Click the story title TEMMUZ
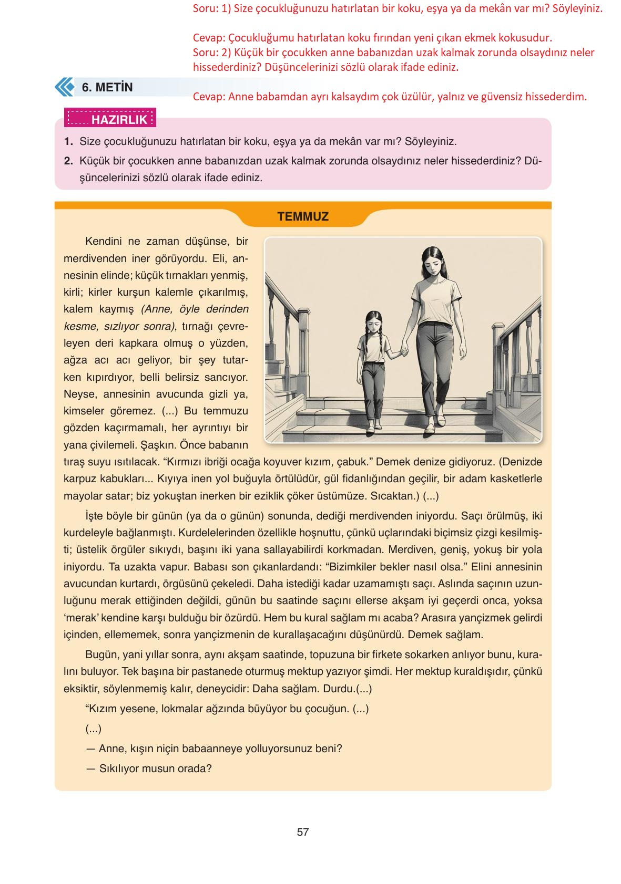(303, 216)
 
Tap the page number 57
(303, 832)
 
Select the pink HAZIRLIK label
(110, 119)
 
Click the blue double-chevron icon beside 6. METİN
(65, 87)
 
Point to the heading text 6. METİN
(107, 87)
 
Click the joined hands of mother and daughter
(405, 349)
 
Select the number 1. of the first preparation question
(68, 141)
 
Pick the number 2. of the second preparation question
(68, 161)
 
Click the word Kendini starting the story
(104, 241)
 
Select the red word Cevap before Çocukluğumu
(209, 38)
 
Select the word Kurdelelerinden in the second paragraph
(215, 533)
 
